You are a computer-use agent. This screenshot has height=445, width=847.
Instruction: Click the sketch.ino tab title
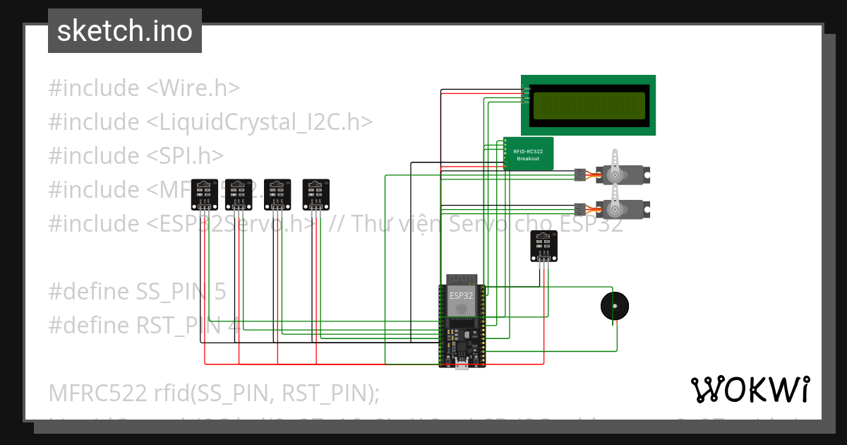[125, 31]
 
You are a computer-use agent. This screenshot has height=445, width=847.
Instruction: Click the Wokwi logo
[750, 389]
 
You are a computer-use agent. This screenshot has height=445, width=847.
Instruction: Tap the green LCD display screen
[589, 105]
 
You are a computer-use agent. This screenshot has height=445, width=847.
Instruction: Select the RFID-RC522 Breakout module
[528, 154]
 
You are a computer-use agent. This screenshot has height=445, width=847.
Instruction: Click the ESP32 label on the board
[461, 295]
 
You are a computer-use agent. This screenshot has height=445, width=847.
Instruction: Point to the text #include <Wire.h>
[144, 88]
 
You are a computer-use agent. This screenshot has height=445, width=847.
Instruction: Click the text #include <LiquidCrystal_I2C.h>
[210, 122]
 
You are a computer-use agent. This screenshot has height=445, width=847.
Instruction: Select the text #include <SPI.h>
[136, 156]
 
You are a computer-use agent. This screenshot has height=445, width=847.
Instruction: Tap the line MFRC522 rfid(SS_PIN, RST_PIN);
[214, 393]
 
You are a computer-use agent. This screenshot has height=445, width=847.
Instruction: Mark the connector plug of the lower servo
[580, 209]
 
